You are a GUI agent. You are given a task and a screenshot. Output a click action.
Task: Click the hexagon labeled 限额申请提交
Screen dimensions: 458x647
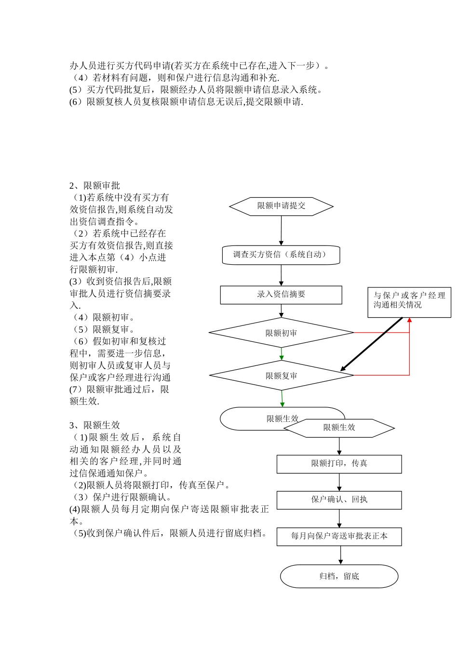(281, 206)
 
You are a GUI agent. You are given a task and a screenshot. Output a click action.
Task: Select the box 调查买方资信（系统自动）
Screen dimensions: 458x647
(281, 255)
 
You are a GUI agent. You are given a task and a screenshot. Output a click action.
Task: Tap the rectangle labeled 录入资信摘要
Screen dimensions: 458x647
(281, 295)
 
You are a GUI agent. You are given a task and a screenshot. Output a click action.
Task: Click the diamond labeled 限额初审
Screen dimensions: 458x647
(281, 333)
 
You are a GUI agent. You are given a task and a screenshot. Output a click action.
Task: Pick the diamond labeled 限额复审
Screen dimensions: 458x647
(281, 375)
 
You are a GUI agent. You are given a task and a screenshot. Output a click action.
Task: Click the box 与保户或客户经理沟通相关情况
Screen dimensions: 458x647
(409, 300)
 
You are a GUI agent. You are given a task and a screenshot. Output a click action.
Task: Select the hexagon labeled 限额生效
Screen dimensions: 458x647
(339, 427)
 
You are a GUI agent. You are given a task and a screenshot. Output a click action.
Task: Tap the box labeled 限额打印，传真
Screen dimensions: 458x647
(339, 464)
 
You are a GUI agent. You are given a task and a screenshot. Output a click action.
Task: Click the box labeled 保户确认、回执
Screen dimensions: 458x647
(339, 500)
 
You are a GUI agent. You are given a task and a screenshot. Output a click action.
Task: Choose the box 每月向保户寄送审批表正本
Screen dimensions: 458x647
(339, 536)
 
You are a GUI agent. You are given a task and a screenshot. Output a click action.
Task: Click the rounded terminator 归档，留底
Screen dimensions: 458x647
(339, 576)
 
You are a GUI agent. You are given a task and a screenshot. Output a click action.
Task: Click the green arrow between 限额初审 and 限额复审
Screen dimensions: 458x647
(282, 354)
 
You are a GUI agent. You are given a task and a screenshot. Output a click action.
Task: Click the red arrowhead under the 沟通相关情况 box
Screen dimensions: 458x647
(409, 320)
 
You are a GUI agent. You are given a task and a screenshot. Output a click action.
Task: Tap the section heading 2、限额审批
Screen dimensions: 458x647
(94, 186)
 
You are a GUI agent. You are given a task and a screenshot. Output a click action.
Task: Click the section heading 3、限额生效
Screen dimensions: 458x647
(94, 425)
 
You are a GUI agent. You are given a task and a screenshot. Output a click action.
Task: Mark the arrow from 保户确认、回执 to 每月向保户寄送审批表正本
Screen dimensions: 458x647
(339, 518)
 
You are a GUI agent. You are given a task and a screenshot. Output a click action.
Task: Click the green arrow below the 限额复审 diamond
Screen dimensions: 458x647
(282, 399)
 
